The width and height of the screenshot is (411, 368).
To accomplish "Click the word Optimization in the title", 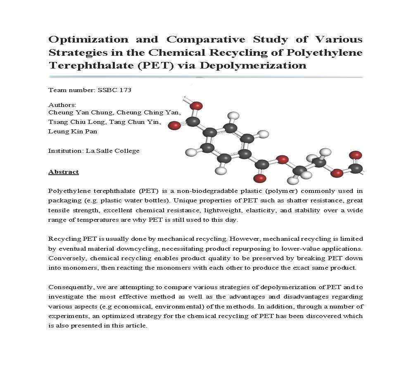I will pos(83,40).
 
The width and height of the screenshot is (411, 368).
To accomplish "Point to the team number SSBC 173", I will pos(114,90).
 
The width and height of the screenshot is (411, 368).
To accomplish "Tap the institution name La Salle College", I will pos(112,151).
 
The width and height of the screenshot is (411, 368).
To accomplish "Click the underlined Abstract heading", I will pos(64,171).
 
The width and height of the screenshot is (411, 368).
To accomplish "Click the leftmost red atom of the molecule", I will pos(175,125).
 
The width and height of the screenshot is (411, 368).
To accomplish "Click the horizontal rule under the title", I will pos(205,77).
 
